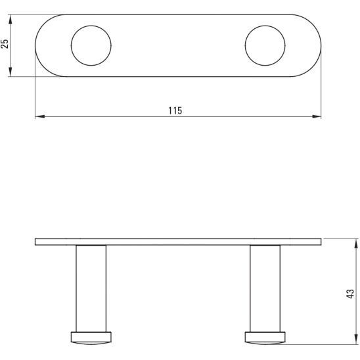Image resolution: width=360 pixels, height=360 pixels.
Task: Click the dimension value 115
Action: pyautogui.click(x=175, y=110)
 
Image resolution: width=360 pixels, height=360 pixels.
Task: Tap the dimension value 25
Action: pyautogui.click(x=5, y=43)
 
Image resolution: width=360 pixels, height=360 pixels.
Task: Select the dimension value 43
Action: pyautogui.click(x=350, y=294)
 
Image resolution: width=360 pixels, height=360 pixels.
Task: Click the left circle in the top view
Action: pyautogui.click(x=71, y=45)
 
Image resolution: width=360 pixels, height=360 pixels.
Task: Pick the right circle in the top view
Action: pyautogui.click(x=245, y=45)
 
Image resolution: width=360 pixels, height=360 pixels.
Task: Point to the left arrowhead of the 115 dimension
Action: pyautogui.click(x=39, y=116)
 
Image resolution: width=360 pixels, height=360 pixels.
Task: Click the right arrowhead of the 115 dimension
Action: pyautogui.click(x=317, y=116)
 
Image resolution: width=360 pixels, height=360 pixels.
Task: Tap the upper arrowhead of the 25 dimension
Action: pyautogui.click(x=10, y=19)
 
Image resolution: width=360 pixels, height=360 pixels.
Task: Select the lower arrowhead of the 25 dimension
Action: pyautogui.click(x=10, y=72)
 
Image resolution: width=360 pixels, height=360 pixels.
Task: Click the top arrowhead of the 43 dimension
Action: pyautogui.click(x=356, y=243)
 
